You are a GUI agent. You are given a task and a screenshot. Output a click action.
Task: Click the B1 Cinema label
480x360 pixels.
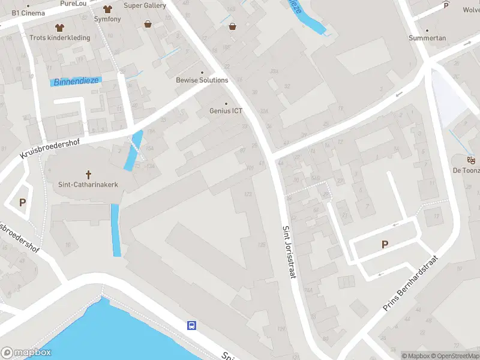pyautogui.click(x=28, y=13)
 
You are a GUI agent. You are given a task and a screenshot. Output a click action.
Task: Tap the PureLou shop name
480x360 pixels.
pyautogui.click(x=74, y=4)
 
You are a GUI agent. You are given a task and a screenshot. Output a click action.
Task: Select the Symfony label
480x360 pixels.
pyautogui.click(x=108, y=19)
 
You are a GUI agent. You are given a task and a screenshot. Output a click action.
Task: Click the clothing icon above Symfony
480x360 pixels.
pyautogui.click(x=108, y=9)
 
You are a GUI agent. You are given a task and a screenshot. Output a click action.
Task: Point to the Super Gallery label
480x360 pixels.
pyautogui.click(x=145, y=5)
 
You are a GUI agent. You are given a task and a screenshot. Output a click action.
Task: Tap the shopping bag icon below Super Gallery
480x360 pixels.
pyautogui.click(x=148, y=24)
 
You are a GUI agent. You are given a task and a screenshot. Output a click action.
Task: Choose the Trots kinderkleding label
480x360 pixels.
pyautogui.click(x=60, y=38)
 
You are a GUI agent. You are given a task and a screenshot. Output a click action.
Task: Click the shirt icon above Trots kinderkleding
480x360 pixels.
pyautogui.click(x=59, y=28)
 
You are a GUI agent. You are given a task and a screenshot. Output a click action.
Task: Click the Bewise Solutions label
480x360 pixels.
pyautogui.click(x=202, y=80)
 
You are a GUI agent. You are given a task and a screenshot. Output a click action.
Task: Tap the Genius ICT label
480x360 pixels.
pyautogui.click(x=226, y=111)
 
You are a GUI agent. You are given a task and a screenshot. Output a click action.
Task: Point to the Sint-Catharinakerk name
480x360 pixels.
pyautogui.click(x=88, y=185)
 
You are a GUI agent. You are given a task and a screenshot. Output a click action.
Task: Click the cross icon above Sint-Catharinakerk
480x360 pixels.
pyautogui.click(x=88, y=175)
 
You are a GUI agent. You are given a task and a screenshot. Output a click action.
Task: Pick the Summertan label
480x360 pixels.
pyautogui.click(x=427, y=38)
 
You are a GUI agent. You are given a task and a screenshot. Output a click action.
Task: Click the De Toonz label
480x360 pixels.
pyautogui.click(x=466, y=170)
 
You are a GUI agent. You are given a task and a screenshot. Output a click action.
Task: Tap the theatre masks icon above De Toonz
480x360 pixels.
pyautogui.click(x=471, y=160)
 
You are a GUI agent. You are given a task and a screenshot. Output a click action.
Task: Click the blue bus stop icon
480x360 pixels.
pyautogui.click(x=192, y=326)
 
